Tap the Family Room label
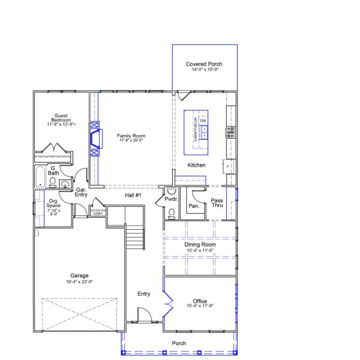[x=131, y=136]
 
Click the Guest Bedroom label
[x=60, y=118]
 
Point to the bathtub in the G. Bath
[x=40, y=178]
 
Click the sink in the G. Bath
[x=64, y=184]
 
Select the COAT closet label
[x=97, y=212]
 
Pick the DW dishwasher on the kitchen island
[x=203, y=121]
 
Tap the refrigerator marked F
[x=228, y=165]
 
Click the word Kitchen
[x=196, y=165]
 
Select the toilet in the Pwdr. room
[x=172, y=212]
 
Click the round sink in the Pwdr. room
[x=163, y=192]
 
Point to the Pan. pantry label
[x=194, y=205]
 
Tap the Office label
[x=200, y=301]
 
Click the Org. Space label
[x=53, y=204]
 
